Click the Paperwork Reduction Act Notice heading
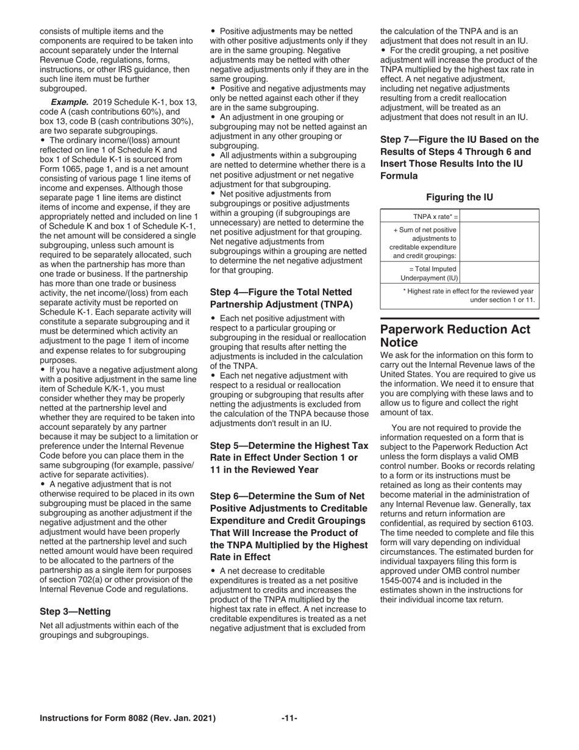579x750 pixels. pos(455,336)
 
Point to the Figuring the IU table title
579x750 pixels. pos(460,197)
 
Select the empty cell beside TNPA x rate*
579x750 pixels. pos(502,216)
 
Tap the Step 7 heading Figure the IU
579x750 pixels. pos(460,157)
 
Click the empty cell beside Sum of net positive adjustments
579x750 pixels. pos(502,242)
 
